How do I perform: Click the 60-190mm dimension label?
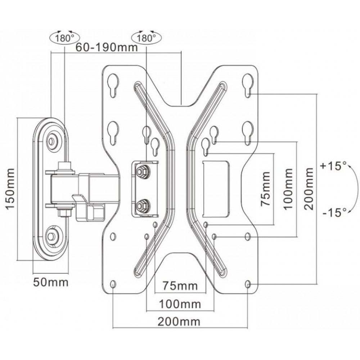tap(107, 48)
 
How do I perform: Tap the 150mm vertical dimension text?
tap(10, 189)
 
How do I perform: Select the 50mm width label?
tap(51, 282)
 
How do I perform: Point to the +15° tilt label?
tap(333, 166)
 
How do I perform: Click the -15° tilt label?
tap(334, 213)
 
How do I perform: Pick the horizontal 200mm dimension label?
tap(179, 321)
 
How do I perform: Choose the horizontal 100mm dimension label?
tap(180, 304)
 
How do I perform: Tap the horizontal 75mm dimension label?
tap(180, 286)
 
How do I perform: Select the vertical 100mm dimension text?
tap(288, 189)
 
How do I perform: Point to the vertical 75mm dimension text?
tap(266, 189)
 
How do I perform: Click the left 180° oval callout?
tap(64, 38)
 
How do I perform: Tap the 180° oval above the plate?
tap(146, 38)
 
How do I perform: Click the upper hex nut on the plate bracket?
tap(142, 171)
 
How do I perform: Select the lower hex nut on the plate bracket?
tap(142, 205)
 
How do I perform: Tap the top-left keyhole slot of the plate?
tap(113, 85)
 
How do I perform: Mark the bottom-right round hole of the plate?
tap(248, 284)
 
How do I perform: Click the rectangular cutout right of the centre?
tap(216, 189)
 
